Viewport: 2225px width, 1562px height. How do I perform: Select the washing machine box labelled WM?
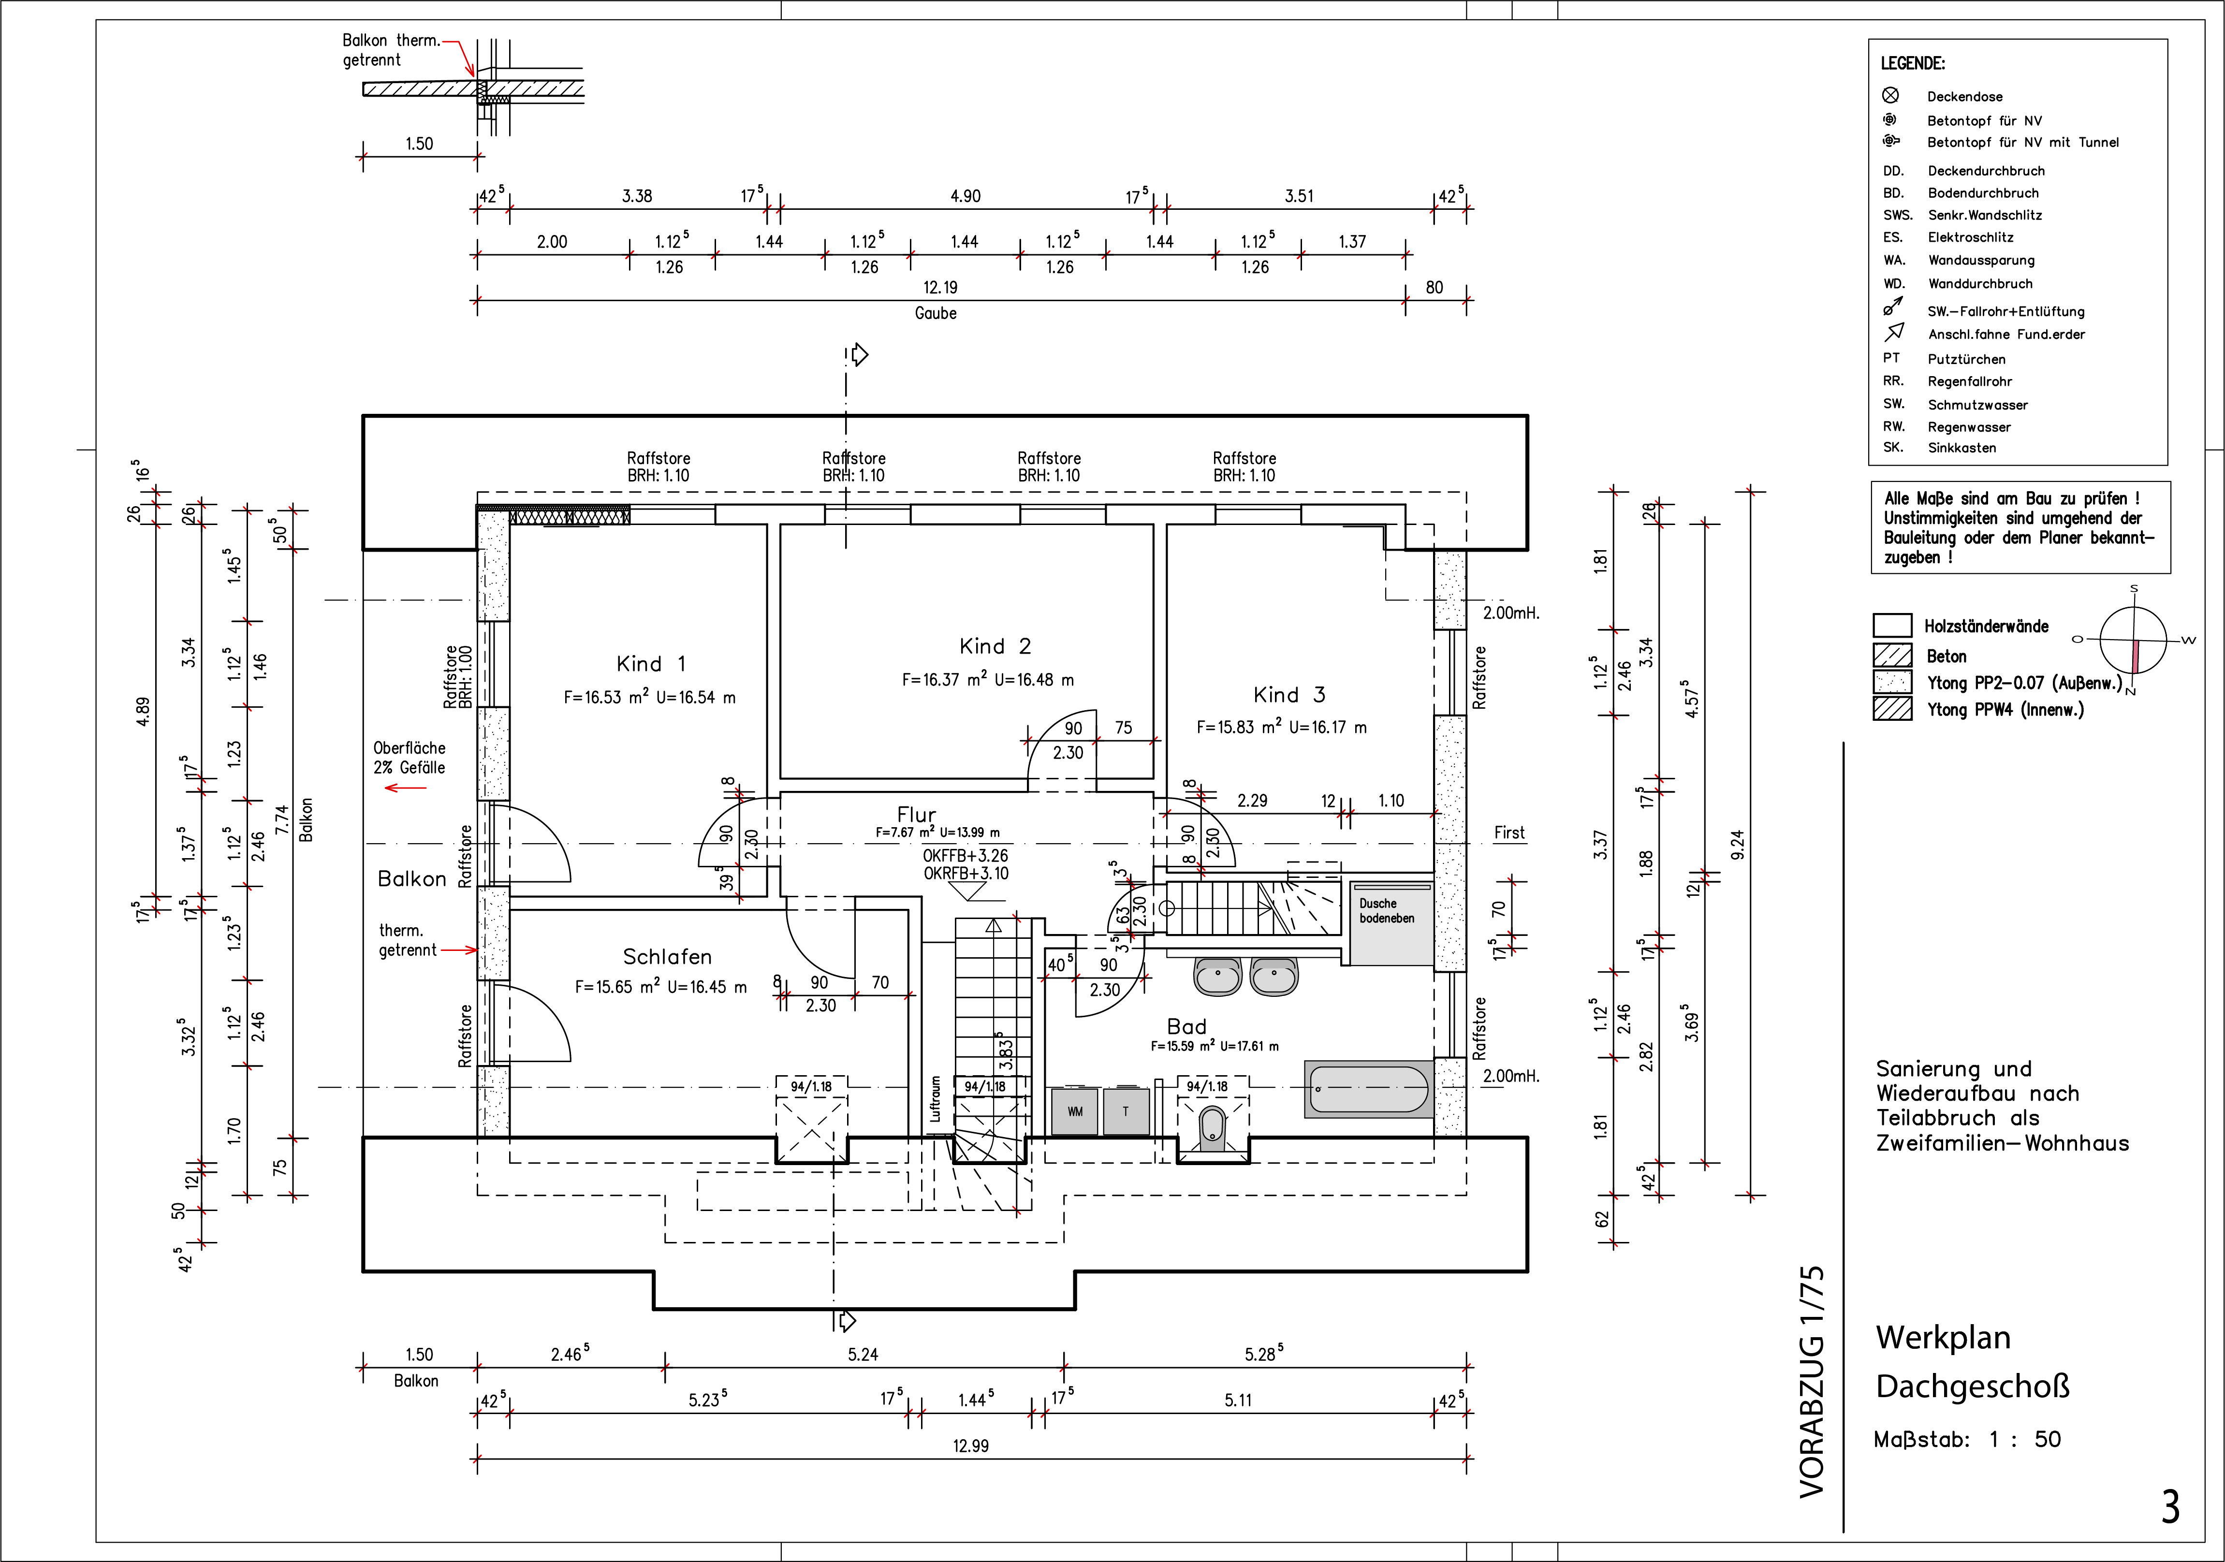click(1075, 1111)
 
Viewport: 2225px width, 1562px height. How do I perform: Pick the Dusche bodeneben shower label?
click(1387, 911)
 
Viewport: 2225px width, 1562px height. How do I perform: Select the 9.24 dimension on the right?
click(1738, 844)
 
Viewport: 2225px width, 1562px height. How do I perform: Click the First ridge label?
click(1509, 832)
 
